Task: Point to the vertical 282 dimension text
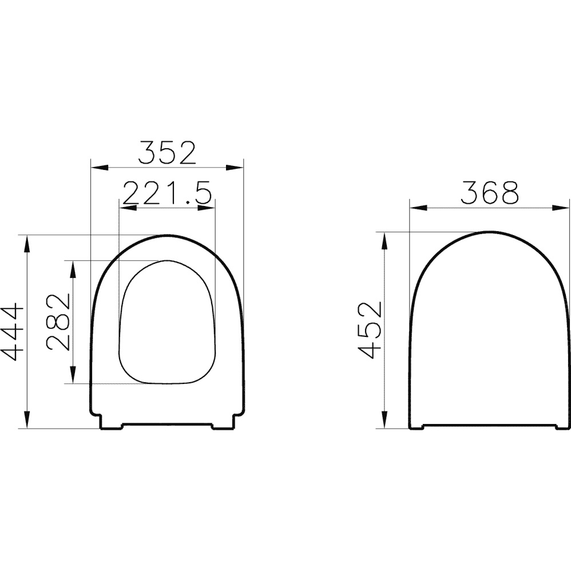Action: tap(58, 322)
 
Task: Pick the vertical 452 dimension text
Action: tap(369, 330)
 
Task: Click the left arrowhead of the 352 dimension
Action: tap(100, 168)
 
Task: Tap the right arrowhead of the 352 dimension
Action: tap(235, 168)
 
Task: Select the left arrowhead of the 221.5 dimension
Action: tap(129, 208)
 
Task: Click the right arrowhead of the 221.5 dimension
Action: tap(206, 208)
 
